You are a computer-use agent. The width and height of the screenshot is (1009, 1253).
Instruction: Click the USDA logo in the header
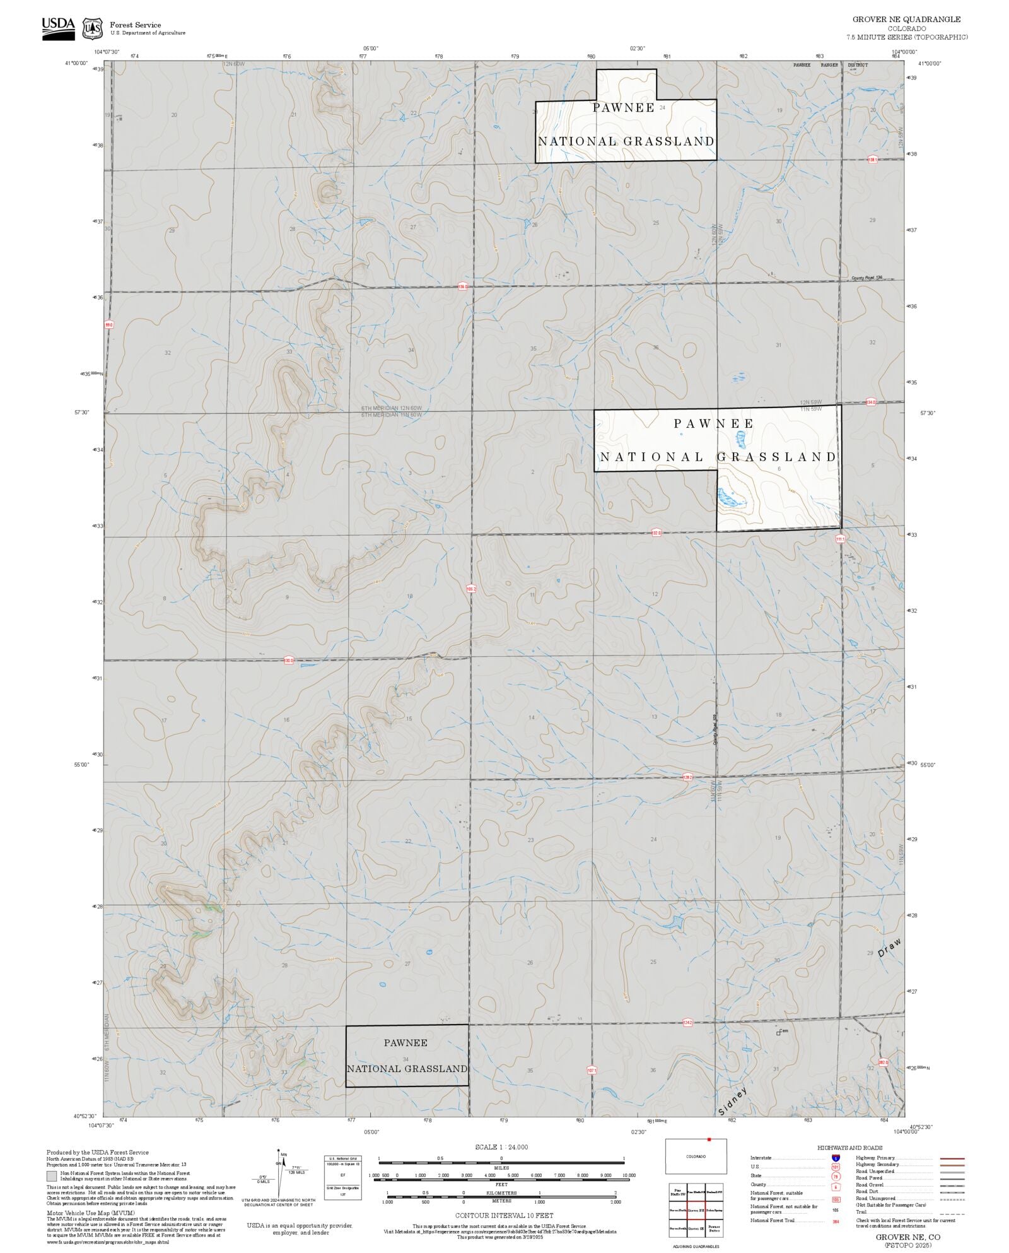click(58, 28)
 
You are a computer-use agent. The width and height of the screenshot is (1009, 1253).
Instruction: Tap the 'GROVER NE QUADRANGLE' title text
click(906, 20)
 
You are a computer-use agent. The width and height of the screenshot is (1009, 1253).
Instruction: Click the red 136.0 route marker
click(464, 286)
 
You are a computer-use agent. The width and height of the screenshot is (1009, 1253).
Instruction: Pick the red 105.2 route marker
click(470, 589)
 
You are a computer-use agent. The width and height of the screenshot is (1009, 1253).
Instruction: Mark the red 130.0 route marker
click(289, 661)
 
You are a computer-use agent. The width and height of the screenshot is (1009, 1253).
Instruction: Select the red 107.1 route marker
click(592, 1071)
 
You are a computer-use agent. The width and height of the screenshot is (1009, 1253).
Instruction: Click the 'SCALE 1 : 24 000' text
click(501, 1147)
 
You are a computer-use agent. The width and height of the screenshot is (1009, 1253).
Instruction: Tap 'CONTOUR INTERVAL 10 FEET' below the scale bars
click(504, 1215)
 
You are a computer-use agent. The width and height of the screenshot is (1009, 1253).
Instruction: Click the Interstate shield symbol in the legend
click(836, 1158)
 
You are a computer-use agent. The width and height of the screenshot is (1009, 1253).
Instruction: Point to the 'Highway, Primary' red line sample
click(952, 1158)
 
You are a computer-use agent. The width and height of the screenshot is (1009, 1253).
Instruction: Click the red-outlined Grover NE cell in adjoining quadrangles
click(696, 1210)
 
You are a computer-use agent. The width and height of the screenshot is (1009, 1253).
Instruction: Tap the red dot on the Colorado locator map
click(709, 1140)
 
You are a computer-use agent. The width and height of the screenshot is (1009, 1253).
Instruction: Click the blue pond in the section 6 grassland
click(731, 499)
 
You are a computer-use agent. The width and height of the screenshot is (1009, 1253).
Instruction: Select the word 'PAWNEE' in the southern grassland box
click(405, 1043)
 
